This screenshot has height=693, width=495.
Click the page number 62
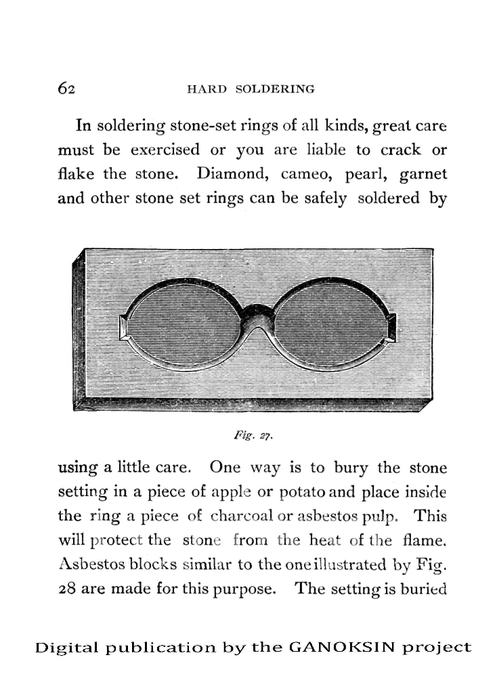pyautogui.click(x=66, y=89)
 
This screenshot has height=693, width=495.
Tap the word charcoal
pyautogui.click(x=240, y=516)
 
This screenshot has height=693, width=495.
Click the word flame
pyautogui.click(x=427, y=540)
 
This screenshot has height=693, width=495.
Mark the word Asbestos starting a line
pyautogui.click(x=88, y=564)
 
